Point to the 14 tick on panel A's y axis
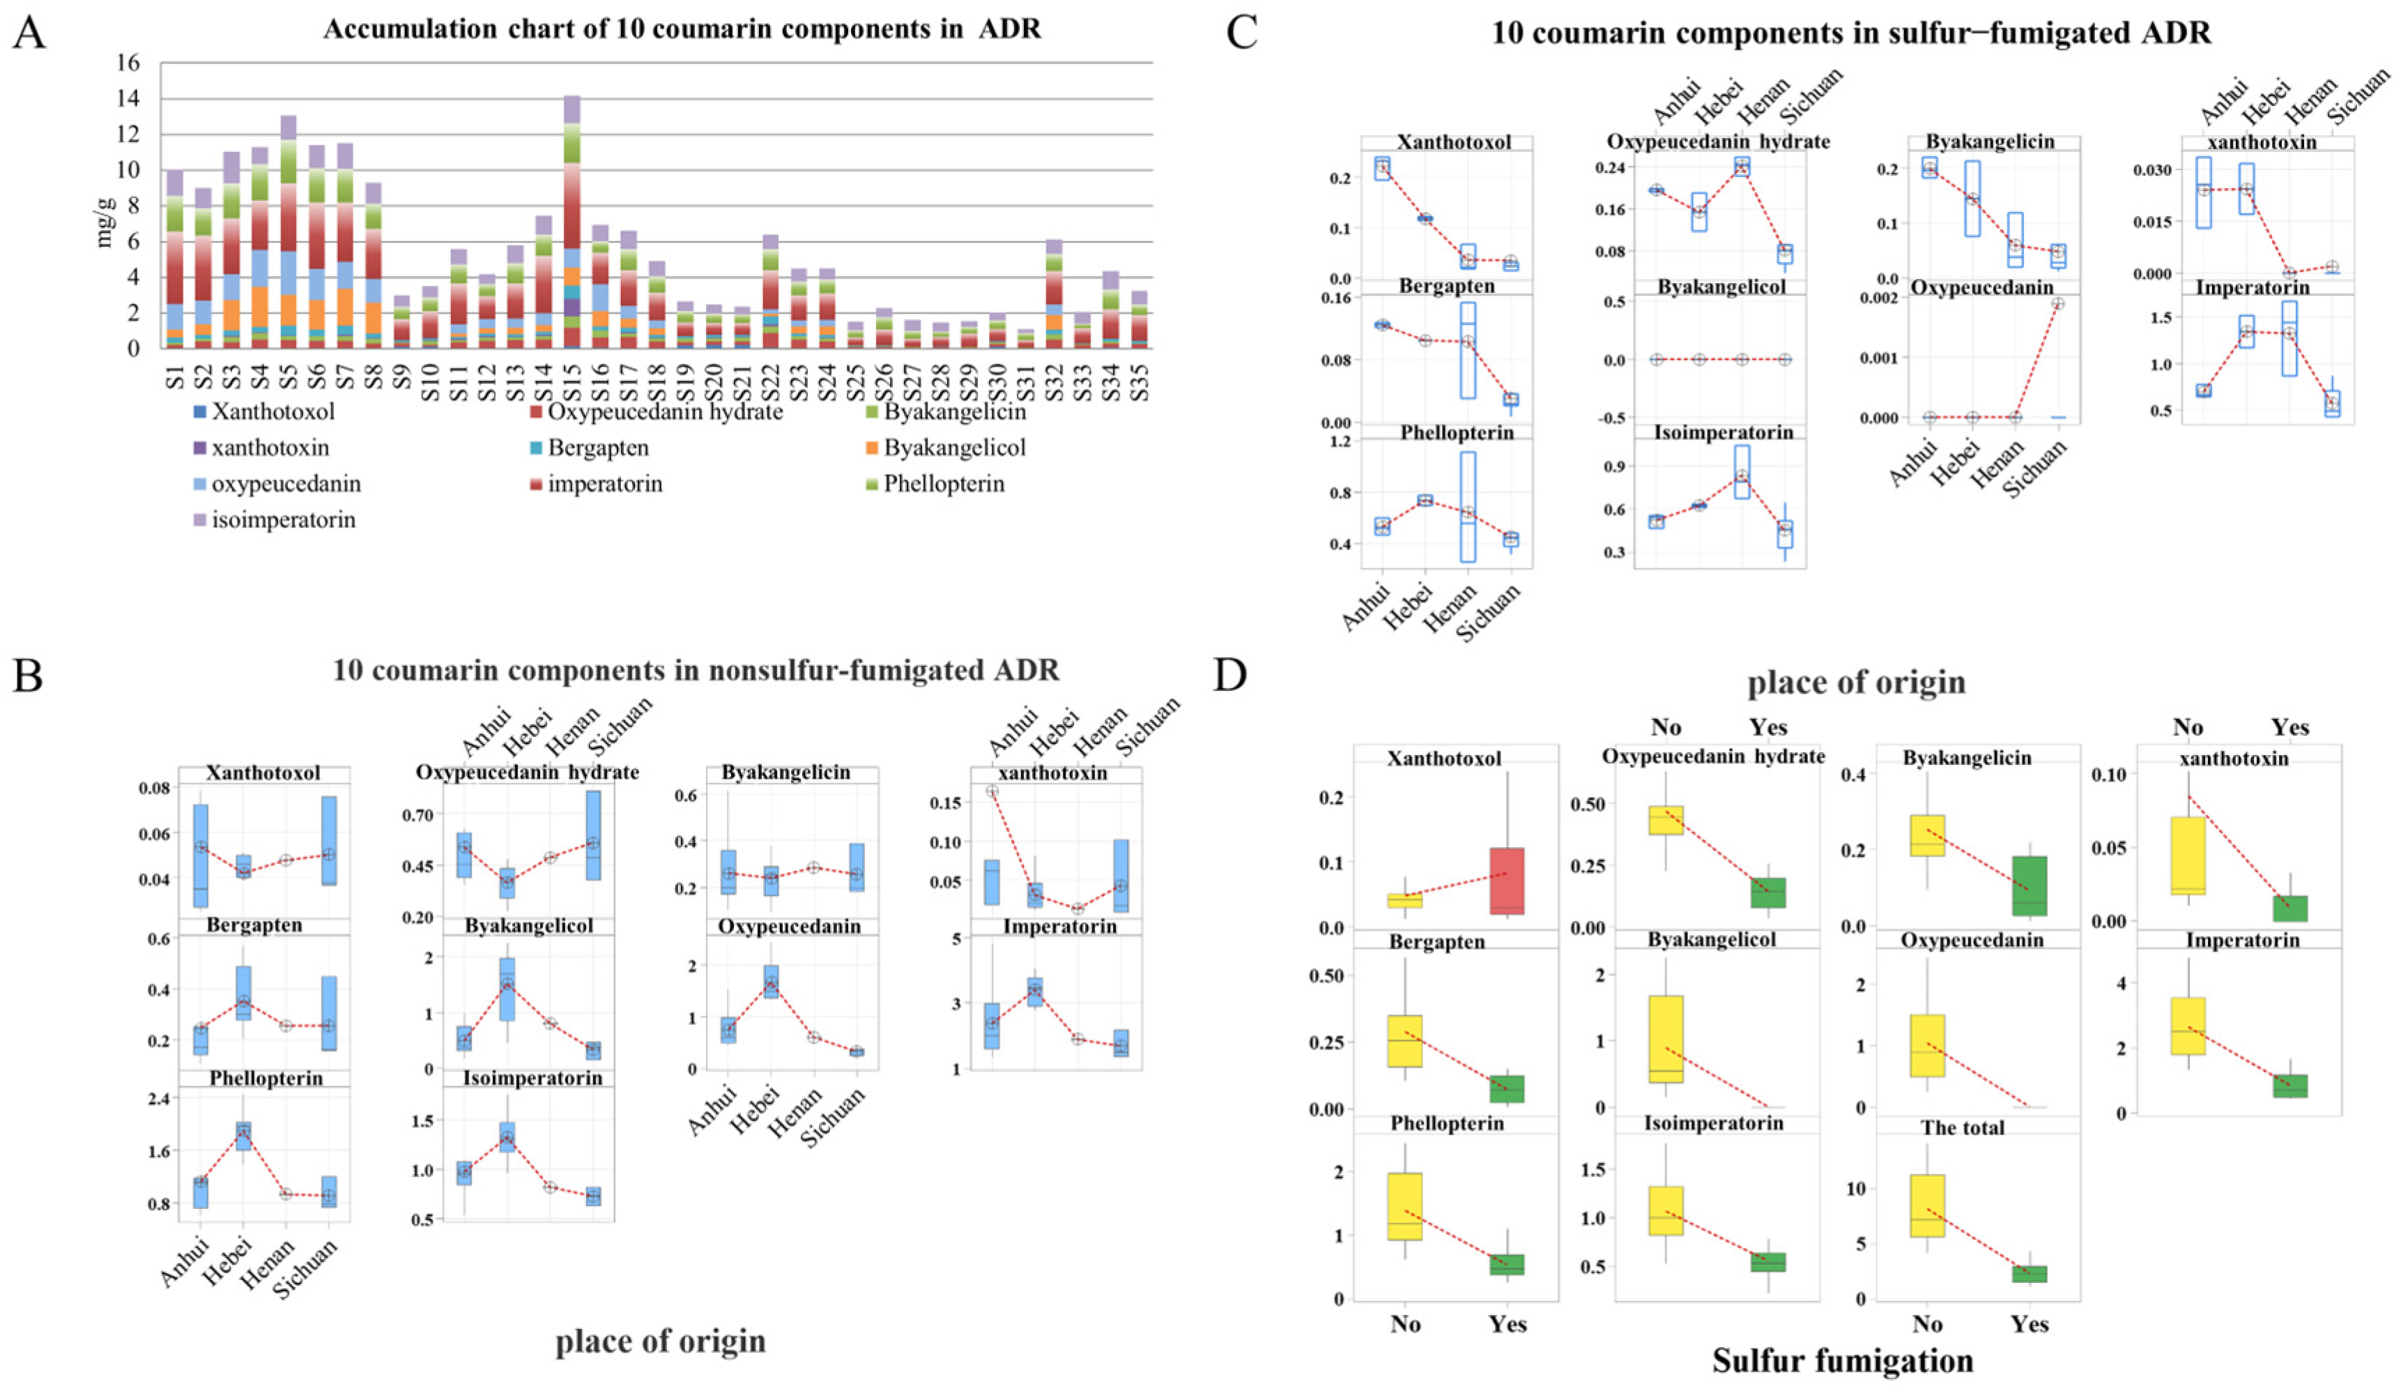[129, 99]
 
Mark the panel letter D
[1230, 676]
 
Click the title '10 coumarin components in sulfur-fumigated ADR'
[1850, 33]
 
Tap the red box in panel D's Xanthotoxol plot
[1508, 881]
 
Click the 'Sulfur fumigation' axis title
[1842, 1361]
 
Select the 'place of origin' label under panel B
[660, 1341]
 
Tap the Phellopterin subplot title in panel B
[266, 1079]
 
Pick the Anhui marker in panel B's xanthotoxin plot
[992, 791]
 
